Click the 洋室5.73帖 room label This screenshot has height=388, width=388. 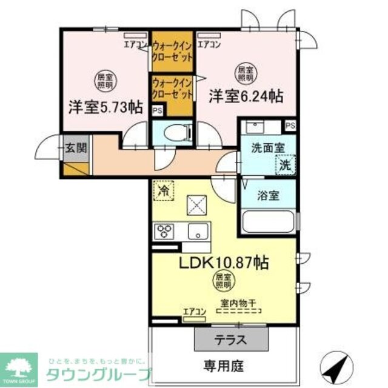105,107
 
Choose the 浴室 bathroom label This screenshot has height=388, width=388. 268,197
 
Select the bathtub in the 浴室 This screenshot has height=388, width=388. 267,221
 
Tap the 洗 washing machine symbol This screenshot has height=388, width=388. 284,163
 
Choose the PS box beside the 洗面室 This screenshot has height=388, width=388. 290,125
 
